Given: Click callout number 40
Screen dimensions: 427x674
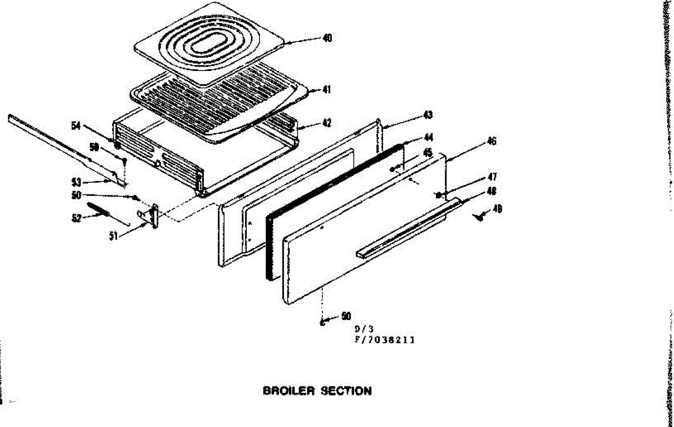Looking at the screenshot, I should [x=327, y=38].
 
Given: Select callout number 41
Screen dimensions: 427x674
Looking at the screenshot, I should [x=326, y=89].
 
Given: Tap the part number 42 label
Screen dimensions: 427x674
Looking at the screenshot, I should [x=326, y=123].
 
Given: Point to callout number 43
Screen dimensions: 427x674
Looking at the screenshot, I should [x=428, y=115].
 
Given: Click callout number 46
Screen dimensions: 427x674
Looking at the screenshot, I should [x=491, y=141].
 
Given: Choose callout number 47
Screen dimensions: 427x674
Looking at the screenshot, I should [x=491, y=177].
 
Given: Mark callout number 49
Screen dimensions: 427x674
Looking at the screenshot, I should [x=497, y=209].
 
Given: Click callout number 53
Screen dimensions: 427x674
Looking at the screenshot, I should [x=77, y=182].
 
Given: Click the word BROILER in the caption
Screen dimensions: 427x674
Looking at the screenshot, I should [x=289, y=391].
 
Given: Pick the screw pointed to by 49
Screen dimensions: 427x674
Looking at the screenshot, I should [x=479, y=216].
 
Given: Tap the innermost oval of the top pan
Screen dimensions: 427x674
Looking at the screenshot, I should [x=210, y=46].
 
